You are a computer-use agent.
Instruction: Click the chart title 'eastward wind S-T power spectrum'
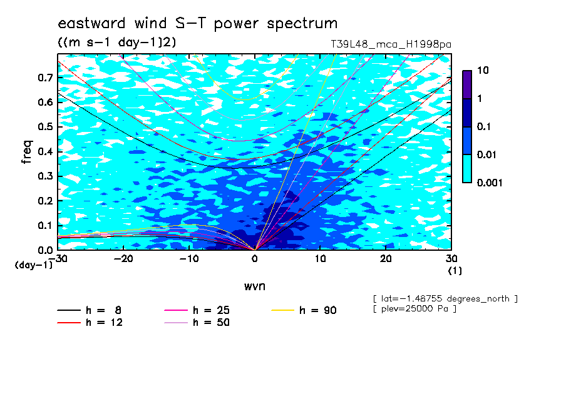coord(198,23)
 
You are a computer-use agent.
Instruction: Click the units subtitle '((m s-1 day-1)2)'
coord(117,42)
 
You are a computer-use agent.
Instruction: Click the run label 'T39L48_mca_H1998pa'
coord(391,44)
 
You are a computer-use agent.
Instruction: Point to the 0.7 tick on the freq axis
coord(46,78)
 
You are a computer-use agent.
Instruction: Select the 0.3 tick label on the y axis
coord(46,176)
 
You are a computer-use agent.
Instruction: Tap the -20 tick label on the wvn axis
coord(123,259)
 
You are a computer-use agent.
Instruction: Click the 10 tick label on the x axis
coord(320,259)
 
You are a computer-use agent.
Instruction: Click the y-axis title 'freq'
coord(27,152)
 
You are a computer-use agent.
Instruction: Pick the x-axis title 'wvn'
coord(255,286)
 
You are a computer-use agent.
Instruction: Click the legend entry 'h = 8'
coord(89,310)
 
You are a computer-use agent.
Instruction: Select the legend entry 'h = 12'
coord(90,323)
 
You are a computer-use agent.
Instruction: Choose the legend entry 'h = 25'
coord(197,310)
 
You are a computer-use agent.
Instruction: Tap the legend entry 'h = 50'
coord(197,323)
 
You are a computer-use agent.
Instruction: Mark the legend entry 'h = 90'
coord(304,310)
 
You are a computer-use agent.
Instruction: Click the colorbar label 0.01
coord(486,155)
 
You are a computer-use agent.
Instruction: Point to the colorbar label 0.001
coord(490,183)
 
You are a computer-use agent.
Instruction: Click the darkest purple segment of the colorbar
coord(467,84)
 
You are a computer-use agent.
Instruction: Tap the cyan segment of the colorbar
coord(467,169)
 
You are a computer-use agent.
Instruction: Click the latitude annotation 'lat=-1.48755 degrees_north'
coord(445,299)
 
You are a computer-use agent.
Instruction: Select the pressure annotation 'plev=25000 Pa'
coord(414,309)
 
